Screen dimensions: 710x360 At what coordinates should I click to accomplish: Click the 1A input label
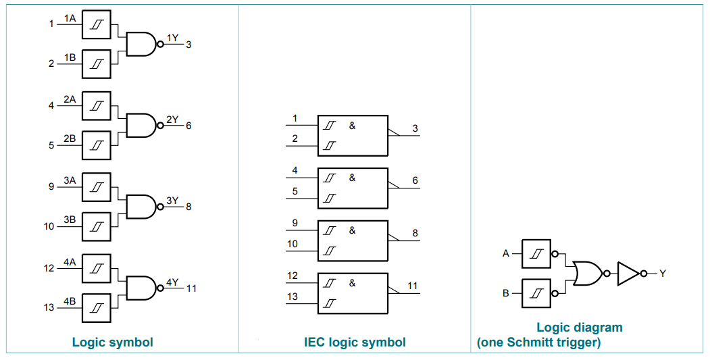(70, 18)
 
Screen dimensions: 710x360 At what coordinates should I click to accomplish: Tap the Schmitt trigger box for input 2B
(96, 145)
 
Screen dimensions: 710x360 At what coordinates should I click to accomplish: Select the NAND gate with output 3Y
(141, 207)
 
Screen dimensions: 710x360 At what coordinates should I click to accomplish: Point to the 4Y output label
(172, 282)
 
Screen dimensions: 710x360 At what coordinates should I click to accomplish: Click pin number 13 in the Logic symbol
(49, 307)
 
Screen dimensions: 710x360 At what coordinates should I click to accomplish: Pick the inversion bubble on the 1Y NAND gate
(159, 44)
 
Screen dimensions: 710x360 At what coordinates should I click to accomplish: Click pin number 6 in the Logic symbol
(188, 126)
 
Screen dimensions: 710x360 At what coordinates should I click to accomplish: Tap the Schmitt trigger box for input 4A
(96, 269)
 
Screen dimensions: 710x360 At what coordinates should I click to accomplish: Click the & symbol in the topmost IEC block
(352, 126)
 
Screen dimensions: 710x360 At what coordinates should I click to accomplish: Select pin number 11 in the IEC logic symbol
(412, 286)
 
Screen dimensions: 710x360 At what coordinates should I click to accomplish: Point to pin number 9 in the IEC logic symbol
(295, 224)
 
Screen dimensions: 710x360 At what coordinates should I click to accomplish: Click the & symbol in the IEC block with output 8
(352, 230)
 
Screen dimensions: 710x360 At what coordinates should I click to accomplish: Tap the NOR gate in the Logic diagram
(588, 273)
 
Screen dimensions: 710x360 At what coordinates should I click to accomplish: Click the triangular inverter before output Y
(628, 273)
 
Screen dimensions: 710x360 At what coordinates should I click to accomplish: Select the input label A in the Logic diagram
(506, 253)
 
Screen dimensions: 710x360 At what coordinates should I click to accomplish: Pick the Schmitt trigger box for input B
(536, 293)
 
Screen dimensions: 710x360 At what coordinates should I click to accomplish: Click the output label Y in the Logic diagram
(663, 273)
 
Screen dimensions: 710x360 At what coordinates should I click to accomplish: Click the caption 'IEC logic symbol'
(355, 342)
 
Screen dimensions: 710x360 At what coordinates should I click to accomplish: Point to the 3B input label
(70, 220)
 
